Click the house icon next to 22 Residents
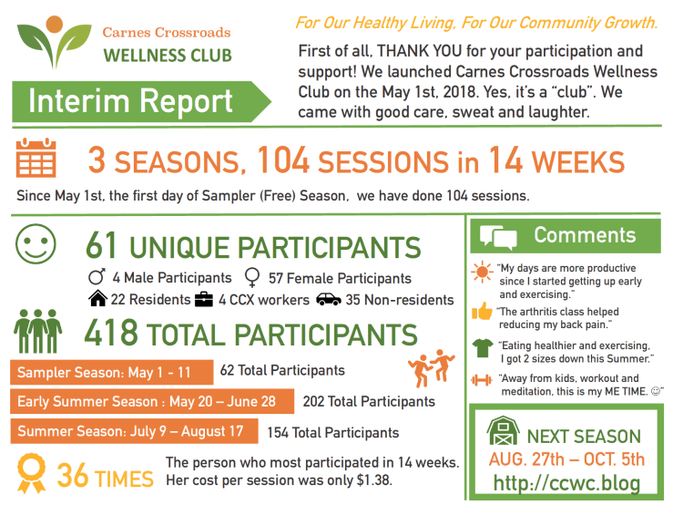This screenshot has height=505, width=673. pos(97,299)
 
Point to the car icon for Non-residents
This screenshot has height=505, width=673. pos(328,299)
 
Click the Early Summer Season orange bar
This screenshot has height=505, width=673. pos(152,402)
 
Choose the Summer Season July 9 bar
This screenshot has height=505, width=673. pos(130,432)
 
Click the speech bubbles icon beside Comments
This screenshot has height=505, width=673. pos(498,237)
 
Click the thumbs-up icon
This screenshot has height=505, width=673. pos(484,313)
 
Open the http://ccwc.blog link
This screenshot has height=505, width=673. pos(565,482)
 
